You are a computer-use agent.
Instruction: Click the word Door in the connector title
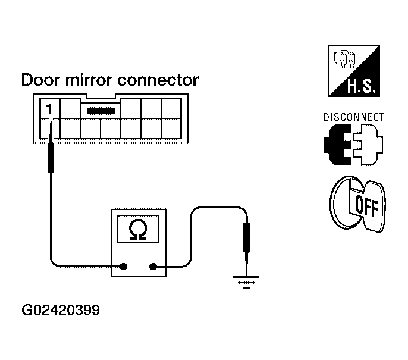[x=40, y=80]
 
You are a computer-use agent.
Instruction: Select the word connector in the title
[x=158, y=80]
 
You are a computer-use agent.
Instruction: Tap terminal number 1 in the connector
[x=49, y=109]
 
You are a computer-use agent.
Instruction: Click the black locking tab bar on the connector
[x=101, y=111]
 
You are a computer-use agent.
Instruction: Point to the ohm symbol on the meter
[x=138, y=229]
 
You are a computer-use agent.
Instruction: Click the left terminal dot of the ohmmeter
[x=124, y=267]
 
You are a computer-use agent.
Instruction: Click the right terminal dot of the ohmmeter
[x=153, y=267]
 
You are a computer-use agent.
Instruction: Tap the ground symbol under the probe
[x=246, y=283]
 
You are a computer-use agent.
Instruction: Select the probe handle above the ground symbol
[x=247, y=237]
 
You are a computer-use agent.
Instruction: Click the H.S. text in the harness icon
[x=362, y=86]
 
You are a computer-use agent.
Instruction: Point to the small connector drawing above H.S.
[x=345, y=58]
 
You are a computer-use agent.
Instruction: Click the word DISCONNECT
[x=353, y=117]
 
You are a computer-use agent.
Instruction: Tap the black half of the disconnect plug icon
[x=338, y=145]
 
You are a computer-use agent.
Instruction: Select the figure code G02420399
[x=61, y=310]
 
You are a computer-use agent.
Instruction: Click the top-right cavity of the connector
[x=171, y=108]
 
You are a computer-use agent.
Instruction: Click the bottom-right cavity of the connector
[x=171, y=129]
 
